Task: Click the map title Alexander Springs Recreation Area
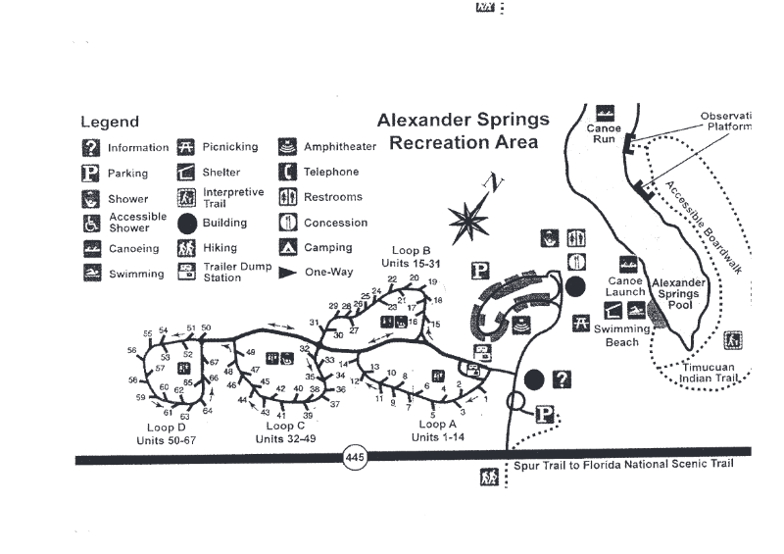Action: click(464, 131)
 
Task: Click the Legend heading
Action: click(110, 123)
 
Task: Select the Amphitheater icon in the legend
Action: click(288, 147)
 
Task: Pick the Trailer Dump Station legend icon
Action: click(187, 272)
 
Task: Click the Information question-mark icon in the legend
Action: click(91, 148)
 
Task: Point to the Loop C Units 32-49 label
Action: click(284, 432)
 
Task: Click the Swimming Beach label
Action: click(621, 335)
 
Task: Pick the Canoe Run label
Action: click(605, 134)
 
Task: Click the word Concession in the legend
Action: click(335, 223)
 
